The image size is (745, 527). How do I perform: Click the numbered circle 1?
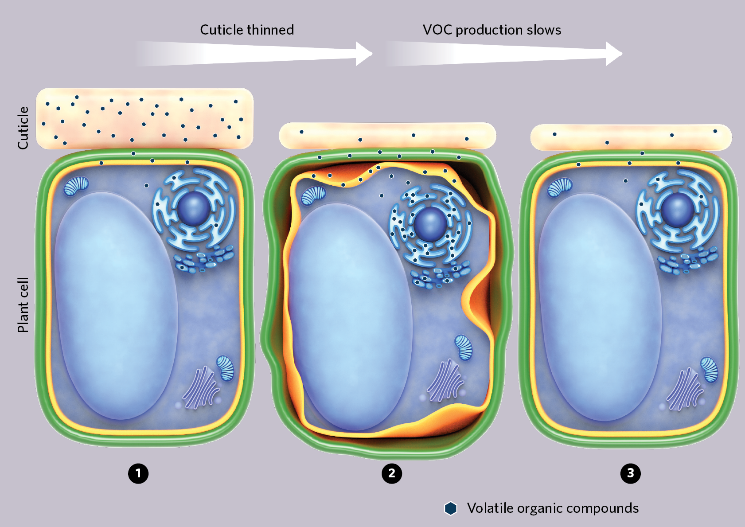[138, 473]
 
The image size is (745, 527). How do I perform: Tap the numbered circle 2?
[392, 473]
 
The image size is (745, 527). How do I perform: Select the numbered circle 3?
[631, 473]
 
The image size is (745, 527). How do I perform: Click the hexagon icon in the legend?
[451, 508]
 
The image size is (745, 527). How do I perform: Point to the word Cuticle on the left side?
[23, 128]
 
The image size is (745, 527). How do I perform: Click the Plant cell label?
[23, 305]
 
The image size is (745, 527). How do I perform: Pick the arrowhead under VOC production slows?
[614, 54]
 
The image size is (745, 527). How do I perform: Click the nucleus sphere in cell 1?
[194, 208]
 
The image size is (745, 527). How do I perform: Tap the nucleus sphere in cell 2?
[431, 223]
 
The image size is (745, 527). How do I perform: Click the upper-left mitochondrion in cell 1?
[76, 186]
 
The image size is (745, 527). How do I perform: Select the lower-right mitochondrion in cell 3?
[709, 370]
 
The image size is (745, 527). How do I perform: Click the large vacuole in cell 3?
[600, 307]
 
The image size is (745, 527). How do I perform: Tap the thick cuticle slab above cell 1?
[144, 118]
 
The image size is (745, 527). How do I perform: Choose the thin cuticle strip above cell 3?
[631, 137]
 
